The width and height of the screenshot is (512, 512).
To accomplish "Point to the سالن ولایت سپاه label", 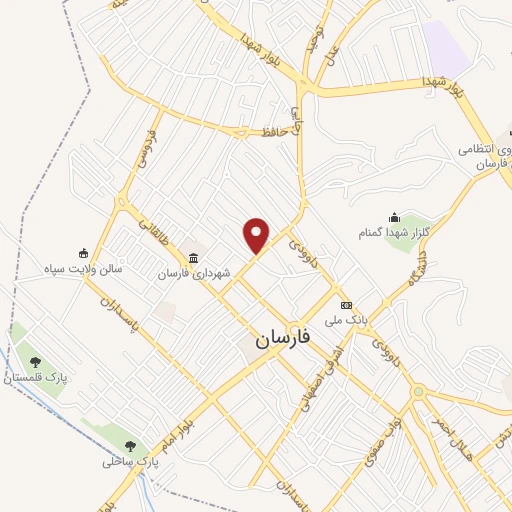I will [89, 268].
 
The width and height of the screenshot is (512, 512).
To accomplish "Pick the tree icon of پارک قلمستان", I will [36, 362].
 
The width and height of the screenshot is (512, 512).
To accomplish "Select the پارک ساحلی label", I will [130, 462].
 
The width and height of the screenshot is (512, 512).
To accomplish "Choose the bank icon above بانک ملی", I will [347, 305].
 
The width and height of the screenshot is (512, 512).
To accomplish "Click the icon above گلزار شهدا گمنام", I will [394, 218].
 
